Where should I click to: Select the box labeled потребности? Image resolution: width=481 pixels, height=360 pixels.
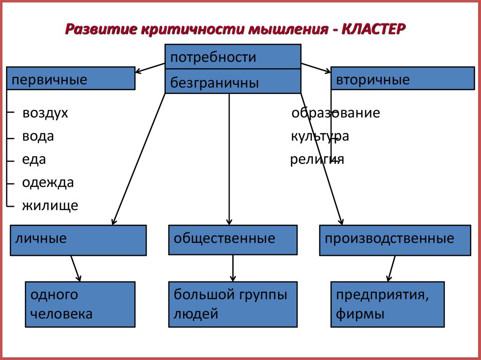coord(233,57)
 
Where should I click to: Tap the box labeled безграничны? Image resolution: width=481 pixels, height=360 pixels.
coord(233,82)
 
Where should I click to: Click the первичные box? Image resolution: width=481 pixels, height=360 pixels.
coord(70,78)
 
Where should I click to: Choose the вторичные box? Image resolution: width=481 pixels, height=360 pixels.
coord(402,78)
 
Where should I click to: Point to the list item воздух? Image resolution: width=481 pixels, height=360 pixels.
coord(45,113)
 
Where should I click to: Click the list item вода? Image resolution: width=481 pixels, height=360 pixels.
coord(38,137)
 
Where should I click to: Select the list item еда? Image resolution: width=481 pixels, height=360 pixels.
coord(34,159)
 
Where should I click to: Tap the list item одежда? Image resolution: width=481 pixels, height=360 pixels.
coord(48,182)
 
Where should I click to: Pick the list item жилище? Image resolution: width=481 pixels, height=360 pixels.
coord(50,205)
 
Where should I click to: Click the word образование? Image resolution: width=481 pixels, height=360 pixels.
coord(335,113)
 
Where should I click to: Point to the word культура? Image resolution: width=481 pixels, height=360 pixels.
coord(319,137)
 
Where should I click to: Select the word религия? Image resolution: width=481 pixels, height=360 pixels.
coord(317,160)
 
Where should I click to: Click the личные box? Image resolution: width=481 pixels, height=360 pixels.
coord(78,240)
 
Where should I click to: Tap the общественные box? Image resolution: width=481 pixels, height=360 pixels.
coord(233,240)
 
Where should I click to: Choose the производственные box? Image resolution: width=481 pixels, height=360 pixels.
coord(395,240)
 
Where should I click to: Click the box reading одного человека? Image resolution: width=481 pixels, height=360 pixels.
coord(80,304)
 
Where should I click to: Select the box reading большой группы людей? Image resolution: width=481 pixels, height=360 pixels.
coord(233,304)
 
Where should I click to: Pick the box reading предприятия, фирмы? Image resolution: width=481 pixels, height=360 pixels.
coord(387,304)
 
